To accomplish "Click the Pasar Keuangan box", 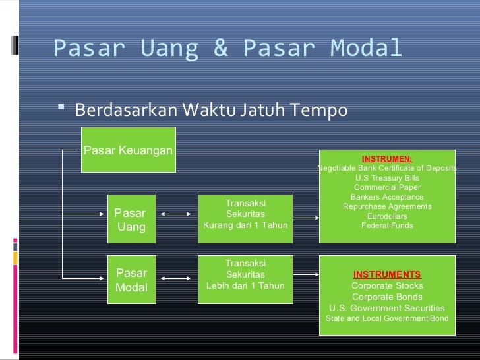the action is click(x=128, y=150).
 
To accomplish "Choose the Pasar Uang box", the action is click(x=131, y=219).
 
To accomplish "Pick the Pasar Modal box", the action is click(x=131, y=280).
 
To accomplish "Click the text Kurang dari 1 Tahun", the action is click(x=245, y=225).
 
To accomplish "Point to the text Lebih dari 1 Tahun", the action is click(x=245, y=285).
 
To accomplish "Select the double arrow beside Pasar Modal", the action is click(x=175, y=279).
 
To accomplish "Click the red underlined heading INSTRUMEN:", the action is click(x=387, y=159).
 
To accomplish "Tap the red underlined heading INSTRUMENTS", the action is click(x=387, y=274).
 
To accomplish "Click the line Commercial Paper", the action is click(x=387, y=187).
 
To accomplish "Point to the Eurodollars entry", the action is click(x=387, y=216).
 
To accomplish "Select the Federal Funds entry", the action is click(x=387, y=225).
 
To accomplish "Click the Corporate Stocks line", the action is click(x=387, y=286).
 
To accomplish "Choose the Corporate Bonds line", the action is click(x=387, y=297).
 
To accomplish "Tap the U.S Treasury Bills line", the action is click(x=387, y=178).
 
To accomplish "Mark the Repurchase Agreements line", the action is click(x=387, y=206).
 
